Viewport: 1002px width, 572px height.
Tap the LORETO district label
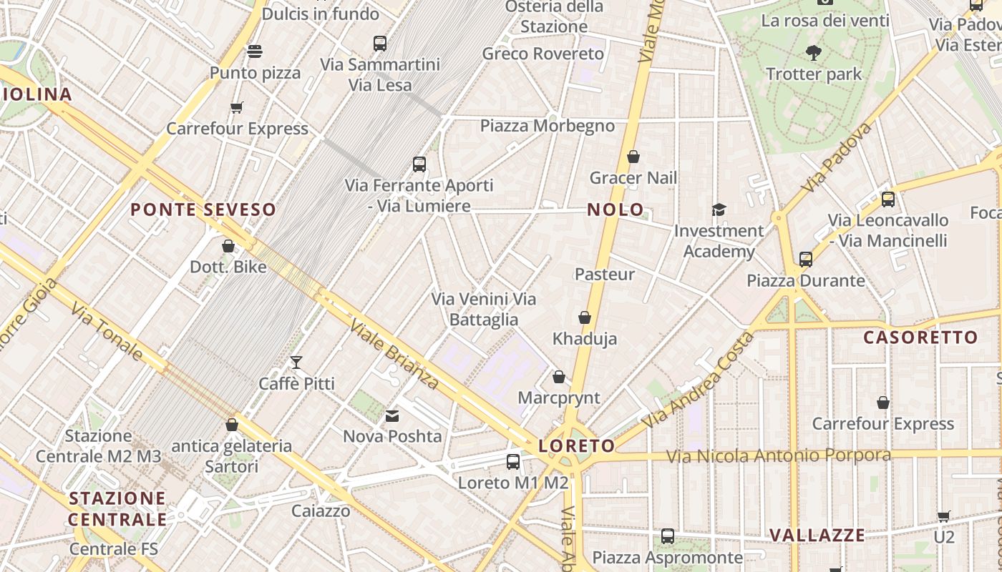[x=576, y=446]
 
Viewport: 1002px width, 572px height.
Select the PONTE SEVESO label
[x=203, y=209]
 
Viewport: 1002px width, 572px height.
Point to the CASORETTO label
[x=920, y=337]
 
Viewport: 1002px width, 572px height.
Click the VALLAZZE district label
[x=817, y=535]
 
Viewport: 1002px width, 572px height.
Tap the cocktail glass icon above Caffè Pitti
[x=296, y=363]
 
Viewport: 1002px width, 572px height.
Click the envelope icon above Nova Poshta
[x=392, y=415]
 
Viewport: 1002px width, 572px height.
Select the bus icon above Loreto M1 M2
[x=513, y=462]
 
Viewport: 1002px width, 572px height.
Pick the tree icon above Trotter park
[x=813, y=52]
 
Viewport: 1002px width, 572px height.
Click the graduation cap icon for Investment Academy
[x=719, y=209]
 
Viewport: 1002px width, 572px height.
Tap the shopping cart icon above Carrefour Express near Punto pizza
[x=237, y=108]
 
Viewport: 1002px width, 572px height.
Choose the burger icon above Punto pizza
[x=255, y=51]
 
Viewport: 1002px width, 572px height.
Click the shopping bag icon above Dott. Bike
[x=228, y=246]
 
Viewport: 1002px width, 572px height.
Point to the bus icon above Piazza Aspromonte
[x=668, y=536]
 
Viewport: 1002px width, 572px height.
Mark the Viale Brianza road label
[x=394, y=355]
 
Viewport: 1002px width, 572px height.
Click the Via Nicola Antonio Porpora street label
[x=779, y=455]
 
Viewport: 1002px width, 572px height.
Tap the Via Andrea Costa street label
[x=698, y=380]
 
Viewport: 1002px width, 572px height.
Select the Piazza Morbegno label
[x=547, y=126]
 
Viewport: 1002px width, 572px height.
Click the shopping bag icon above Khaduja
[x=585, y=317]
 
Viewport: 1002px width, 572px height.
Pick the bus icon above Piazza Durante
[x=806, y=260]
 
